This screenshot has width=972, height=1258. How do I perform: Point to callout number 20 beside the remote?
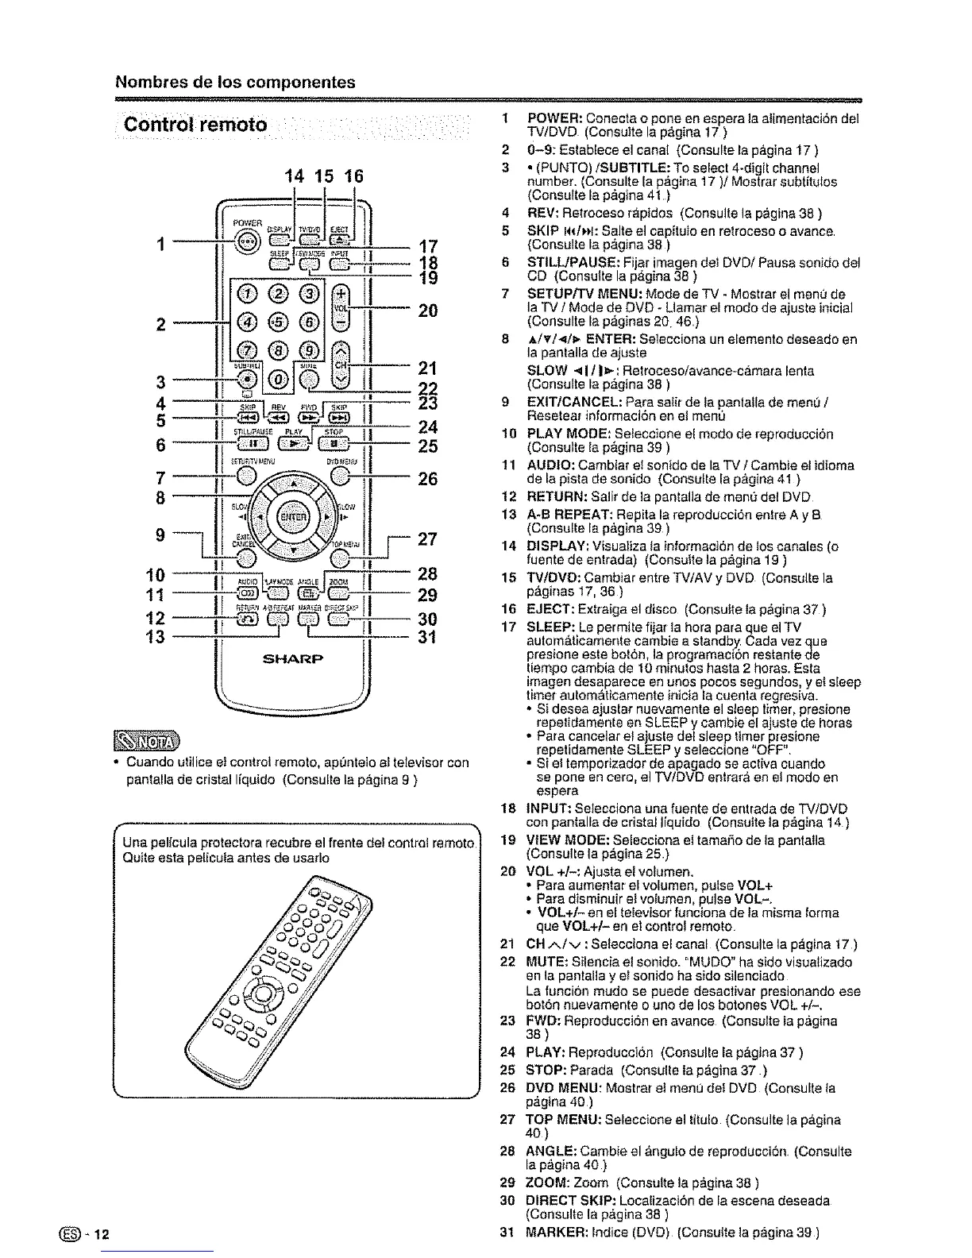click(x=428, y=311)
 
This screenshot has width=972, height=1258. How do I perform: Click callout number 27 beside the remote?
click(x=428, y=539)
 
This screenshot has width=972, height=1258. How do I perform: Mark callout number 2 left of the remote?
click(x=161, y=324)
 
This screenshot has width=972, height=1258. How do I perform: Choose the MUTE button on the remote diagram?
click(x=310, y=380)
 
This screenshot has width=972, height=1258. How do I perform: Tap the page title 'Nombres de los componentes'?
click(x=236, y=83)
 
